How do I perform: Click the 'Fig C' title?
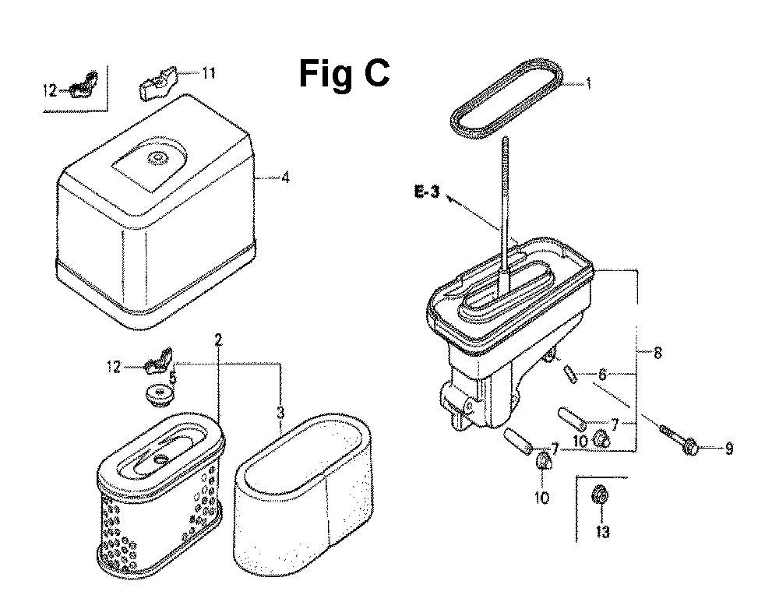tap(344, 74)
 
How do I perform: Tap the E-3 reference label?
tap(427, 192)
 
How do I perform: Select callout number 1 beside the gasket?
tap(589, 83)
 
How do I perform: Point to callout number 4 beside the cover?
tap(285, 178)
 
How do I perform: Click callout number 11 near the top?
tap(209, 73)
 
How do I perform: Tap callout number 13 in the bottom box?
tap(602, 532)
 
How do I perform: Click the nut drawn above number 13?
tap(601, 495)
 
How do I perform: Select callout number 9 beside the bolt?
tap(729, 449)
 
